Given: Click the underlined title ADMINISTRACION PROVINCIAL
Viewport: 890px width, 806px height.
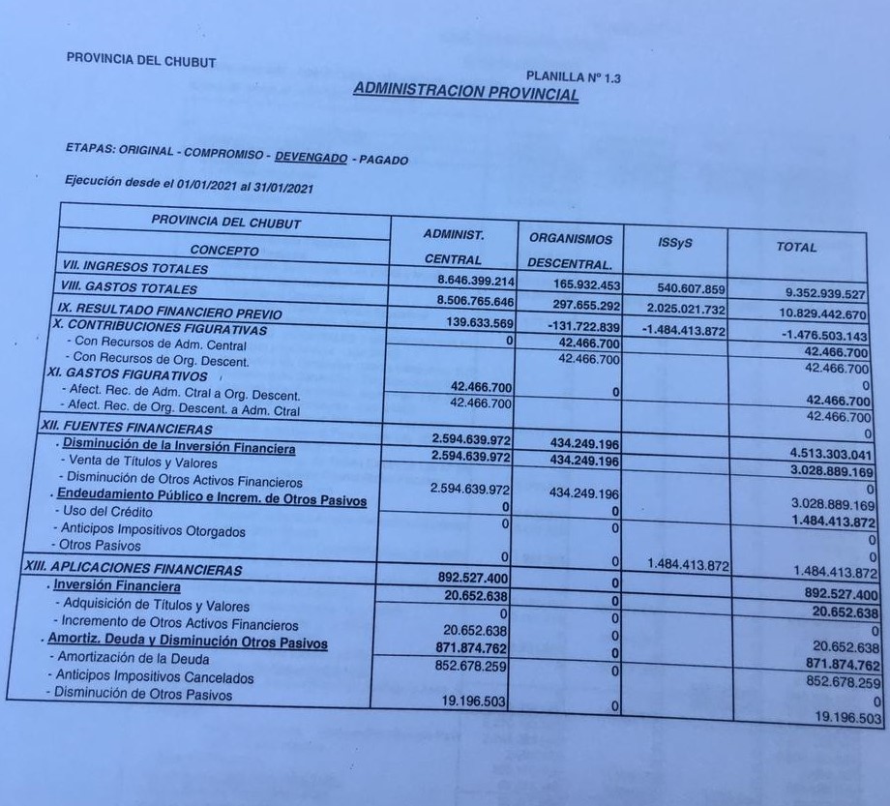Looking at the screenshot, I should point(466,91).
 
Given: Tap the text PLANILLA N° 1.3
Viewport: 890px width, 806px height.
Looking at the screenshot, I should point(574,76).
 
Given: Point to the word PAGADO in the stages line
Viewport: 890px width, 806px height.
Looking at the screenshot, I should point(383,159).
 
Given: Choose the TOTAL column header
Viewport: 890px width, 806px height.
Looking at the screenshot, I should point(795,247).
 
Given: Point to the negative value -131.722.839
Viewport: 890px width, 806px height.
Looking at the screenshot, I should point(574,326).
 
